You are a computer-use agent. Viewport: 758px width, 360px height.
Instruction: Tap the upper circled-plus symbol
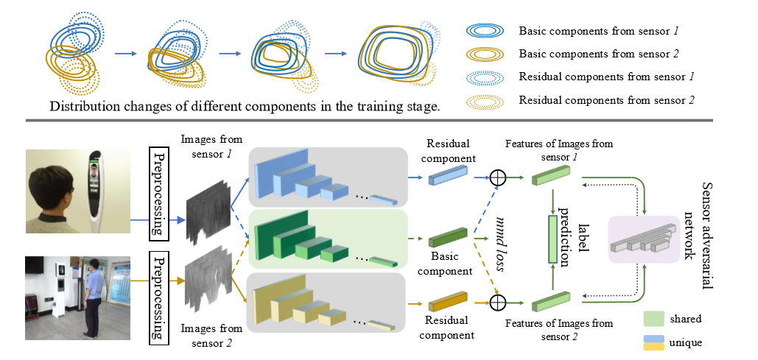(x=500, y=177)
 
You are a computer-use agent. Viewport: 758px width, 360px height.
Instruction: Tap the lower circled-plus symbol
(x=500, y=302)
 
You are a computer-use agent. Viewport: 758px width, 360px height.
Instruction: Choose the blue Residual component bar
(x=447, y=177)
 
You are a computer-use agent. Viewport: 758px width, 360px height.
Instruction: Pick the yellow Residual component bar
(x=447, y=302)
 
